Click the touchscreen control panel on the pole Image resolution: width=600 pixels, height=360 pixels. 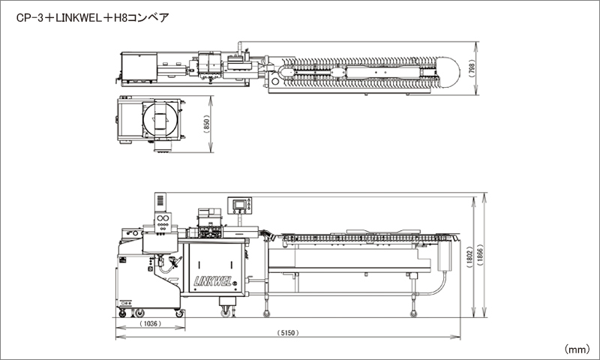(x=241, y=205)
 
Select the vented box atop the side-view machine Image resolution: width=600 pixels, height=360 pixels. (x=158, y=202)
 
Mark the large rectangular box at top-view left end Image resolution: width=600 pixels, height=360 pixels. (x=138, y=67)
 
